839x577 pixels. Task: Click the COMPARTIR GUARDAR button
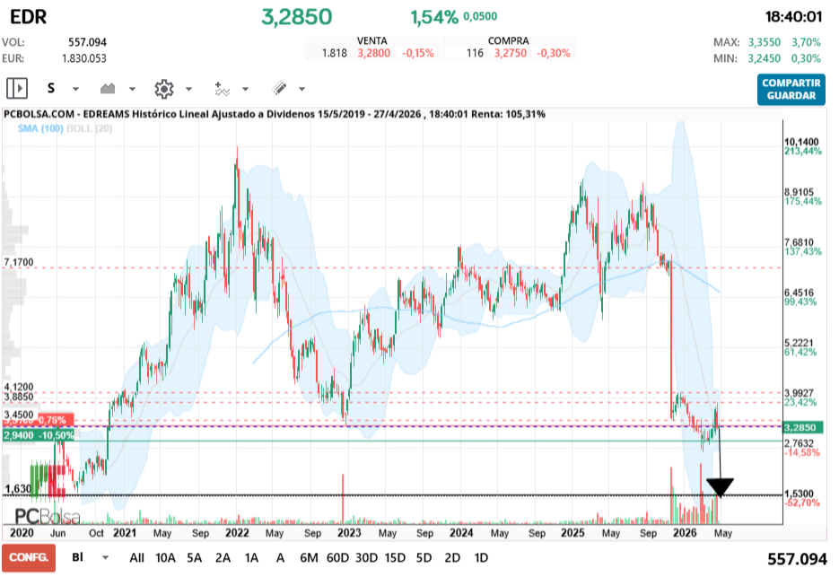[791, 89]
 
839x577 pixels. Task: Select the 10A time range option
[165, 557]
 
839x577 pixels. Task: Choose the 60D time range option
[337, 557]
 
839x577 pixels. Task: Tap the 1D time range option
[481, 557]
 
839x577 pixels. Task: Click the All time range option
[136, 557]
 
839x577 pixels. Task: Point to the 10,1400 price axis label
[802, 142]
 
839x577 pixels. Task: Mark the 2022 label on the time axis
[238, 532]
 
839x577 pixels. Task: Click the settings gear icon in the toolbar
[163, 89]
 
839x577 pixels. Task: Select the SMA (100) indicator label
[39, 129]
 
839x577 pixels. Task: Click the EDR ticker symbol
[24, 17]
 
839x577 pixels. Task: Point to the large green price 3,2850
[296, 17]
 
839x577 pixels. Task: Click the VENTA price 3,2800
[373, 53]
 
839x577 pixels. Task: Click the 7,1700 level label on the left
[19, 262]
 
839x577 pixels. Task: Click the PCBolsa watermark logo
[47, 516]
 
